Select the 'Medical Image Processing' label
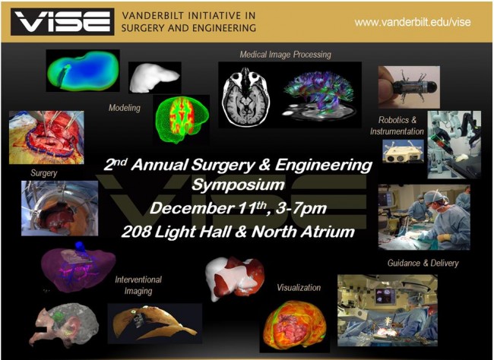tap(285, 55)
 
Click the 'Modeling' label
tap(125, 108)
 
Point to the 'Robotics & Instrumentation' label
tap(407, 126)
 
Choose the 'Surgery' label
tap(44, 173)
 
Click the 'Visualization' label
tap(299, 288)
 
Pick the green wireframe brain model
tap(181, 119)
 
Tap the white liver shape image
tap(154, 77)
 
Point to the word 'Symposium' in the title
tap(238, 185)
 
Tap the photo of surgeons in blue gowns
tap(423, 217)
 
